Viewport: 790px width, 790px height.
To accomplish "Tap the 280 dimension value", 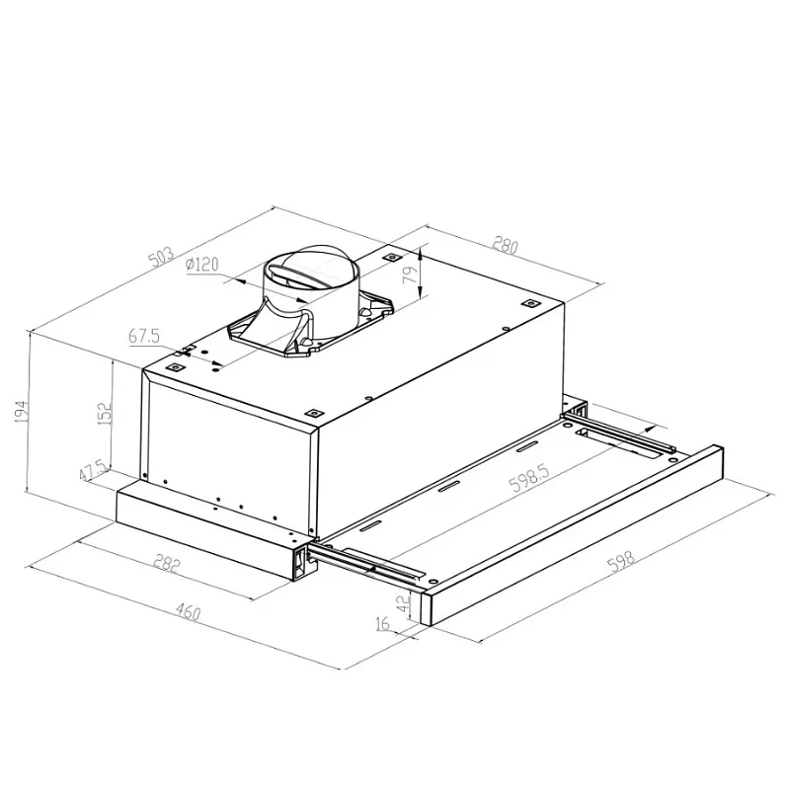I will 505,244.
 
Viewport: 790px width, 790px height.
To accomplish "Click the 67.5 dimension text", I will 144,337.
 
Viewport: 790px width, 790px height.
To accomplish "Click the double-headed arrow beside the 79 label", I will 422,273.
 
